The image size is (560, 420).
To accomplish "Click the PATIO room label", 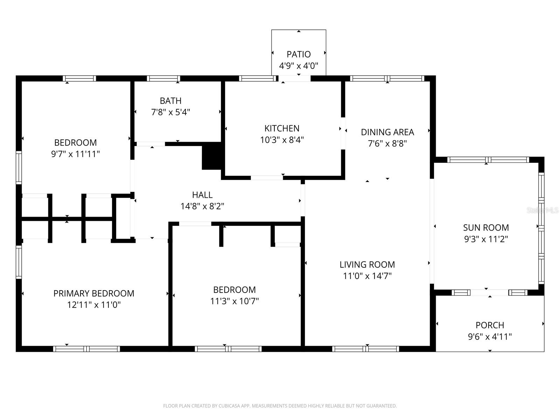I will tap(299, 54).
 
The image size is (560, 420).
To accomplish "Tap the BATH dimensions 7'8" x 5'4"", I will tap(170, 112).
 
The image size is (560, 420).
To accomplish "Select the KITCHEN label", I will tap(282, 128).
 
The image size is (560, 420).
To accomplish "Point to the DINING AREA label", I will tap(387, 132).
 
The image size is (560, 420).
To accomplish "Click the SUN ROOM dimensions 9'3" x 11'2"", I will tap(486, 239).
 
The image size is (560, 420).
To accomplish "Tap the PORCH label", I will tap(490, 325).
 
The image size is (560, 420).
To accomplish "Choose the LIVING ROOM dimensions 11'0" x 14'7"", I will tap(367, 276).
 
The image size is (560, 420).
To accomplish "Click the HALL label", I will tap(202, 195).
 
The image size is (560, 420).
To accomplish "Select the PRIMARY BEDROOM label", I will tap(93, 293).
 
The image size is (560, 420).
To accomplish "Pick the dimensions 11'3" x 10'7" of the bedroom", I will tap(234, 301).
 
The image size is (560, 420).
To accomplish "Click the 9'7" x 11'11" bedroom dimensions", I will tap(75, 154).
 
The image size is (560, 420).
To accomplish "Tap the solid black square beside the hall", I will tap(211, 157).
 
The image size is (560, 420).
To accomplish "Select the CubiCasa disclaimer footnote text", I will tap(280, 406).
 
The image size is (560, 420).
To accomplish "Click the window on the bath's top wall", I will tap(163, 78).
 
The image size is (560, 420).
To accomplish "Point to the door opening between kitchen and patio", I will tap(296, 78).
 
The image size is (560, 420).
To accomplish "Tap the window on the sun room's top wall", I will tap(488, 160).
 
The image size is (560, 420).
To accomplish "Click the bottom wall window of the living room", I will tap(365, 349).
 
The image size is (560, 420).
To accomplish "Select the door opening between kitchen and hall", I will tap(267, 178).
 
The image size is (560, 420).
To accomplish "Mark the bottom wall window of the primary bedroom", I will tap(86, 349).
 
